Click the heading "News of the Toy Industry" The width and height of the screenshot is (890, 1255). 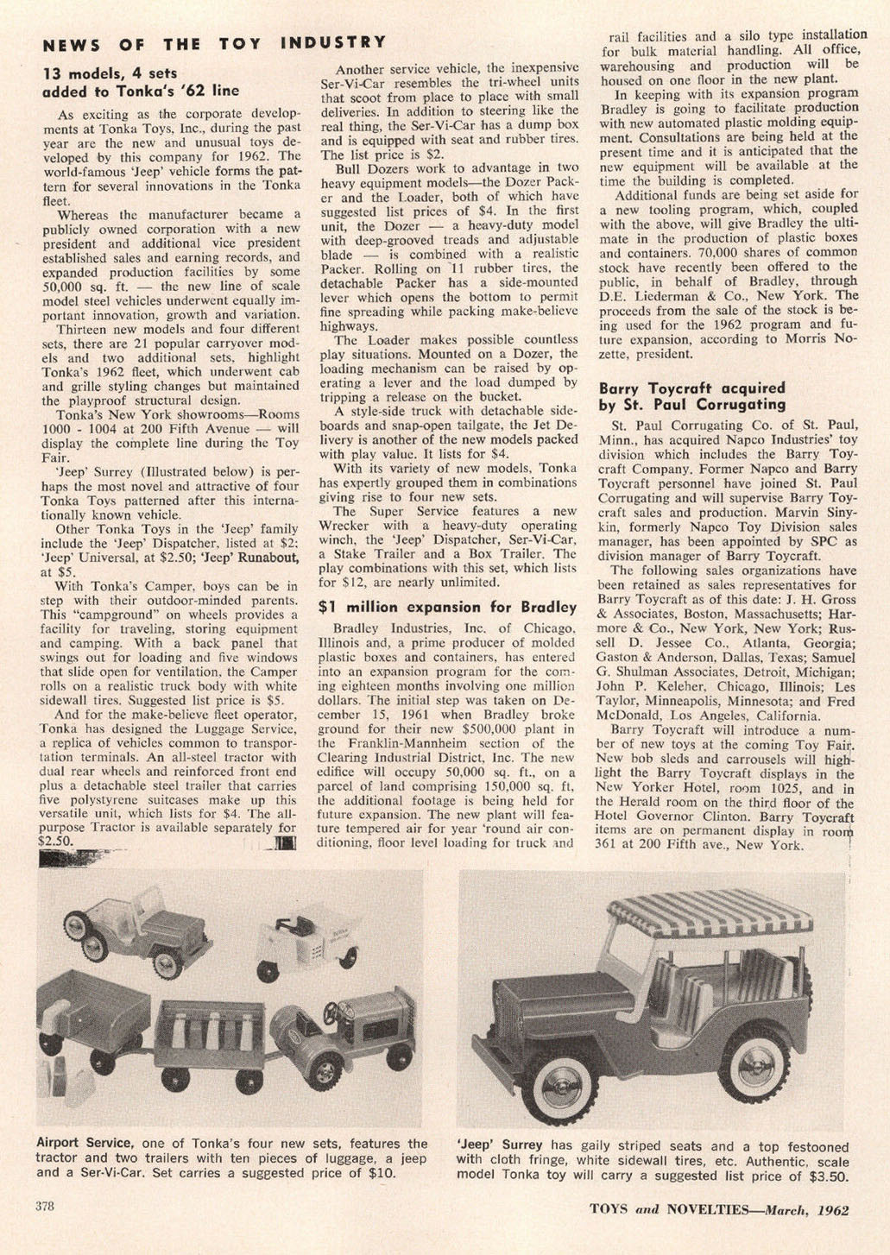tap(214, 43)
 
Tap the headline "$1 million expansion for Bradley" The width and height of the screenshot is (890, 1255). tap(447, 607)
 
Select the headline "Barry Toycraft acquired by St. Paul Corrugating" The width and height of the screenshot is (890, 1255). tap(692, 396)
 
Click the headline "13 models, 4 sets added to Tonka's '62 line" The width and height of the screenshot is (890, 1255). tap(141, 82)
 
